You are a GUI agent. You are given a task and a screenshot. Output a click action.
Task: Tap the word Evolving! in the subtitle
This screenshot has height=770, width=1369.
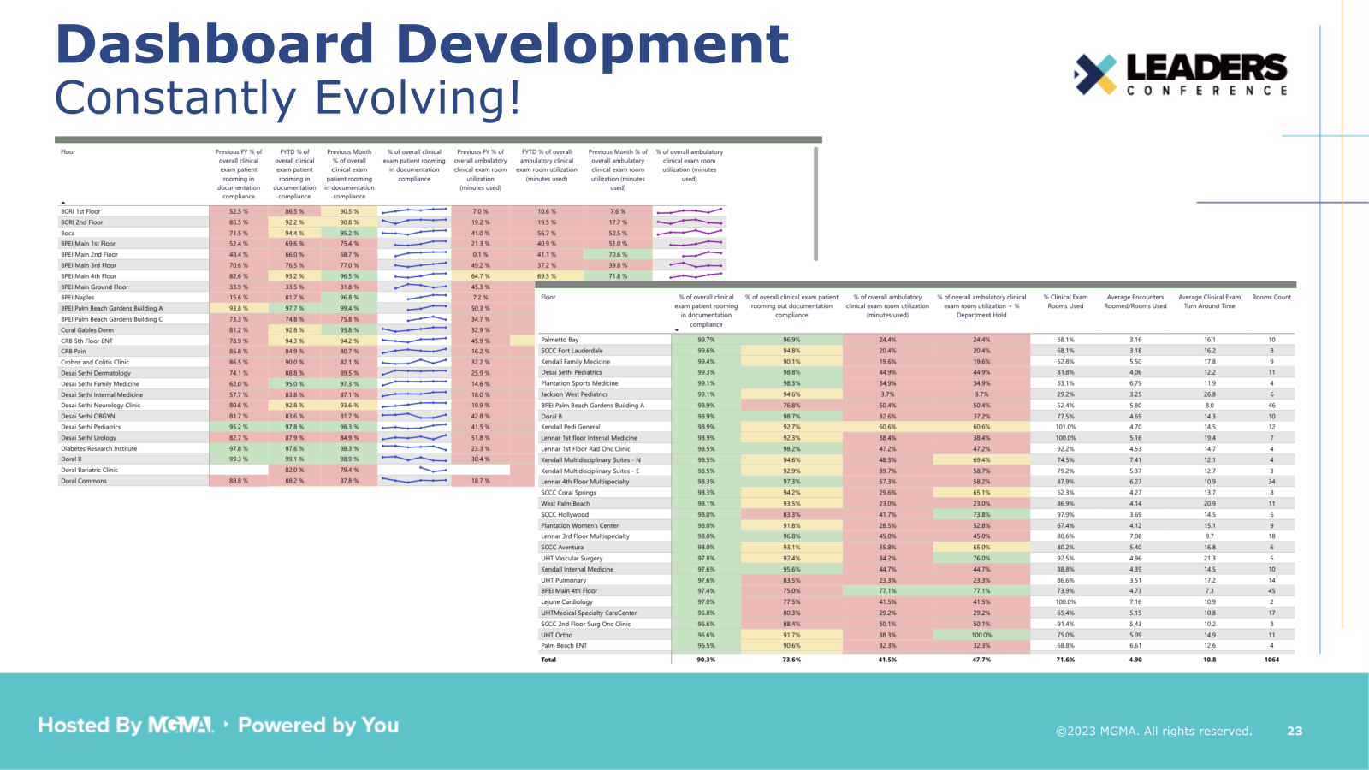(418, 98)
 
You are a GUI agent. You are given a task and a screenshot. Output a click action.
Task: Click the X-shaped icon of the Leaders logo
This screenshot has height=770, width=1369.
(1095, 74)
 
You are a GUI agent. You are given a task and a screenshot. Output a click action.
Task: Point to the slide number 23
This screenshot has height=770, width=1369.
(1295, 731)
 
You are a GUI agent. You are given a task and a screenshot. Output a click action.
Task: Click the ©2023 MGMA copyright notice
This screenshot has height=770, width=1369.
(1153, 731)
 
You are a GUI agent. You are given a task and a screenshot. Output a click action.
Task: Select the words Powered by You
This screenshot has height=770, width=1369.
(318, 726)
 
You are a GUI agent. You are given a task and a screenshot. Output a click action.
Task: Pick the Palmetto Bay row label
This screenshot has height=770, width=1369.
(560, 340)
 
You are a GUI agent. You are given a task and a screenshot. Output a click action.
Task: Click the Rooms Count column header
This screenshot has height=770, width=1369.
(1271, 297)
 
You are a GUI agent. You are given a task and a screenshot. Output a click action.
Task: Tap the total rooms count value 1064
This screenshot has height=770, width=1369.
(1271, 660)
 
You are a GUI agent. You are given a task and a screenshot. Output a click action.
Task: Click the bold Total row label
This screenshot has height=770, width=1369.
(548, 660)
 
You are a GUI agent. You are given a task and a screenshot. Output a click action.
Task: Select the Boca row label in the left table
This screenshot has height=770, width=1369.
(68, 233)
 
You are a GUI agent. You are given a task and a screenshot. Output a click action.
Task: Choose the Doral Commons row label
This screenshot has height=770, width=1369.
(84, 481)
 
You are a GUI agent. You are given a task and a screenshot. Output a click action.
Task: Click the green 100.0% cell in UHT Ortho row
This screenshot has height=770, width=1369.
(981, 635)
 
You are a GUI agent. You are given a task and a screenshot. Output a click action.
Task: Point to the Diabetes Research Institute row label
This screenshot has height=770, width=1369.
(98, 448)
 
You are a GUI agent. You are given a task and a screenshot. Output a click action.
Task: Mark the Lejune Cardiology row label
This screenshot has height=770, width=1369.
(566, 601)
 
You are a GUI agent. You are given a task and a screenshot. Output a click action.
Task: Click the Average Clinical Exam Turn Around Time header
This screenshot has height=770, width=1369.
(1209, 301)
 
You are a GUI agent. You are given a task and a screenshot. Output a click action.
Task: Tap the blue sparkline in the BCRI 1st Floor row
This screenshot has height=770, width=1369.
(414, 210)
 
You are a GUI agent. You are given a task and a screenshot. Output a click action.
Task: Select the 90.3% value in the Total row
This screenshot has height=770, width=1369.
(706, 660)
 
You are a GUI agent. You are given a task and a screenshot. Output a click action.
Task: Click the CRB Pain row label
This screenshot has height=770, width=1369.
(73, 351)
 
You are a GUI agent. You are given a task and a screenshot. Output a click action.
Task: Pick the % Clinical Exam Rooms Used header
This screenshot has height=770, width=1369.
(1065, 301)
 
